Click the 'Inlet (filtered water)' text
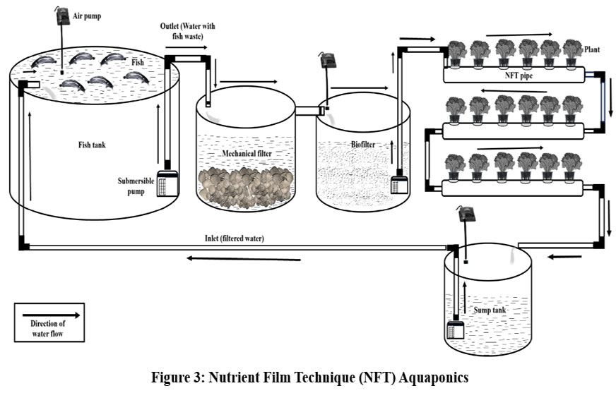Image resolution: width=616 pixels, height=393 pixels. click(x=230, y=238)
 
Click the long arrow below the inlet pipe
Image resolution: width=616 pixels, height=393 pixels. click(x=243, y=258)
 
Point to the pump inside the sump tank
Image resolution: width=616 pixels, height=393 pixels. click(x=454, y=329)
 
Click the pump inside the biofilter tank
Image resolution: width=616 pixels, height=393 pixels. click(x=400, y=186)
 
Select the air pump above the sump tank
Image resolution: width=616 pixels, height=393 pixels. click(x=466, y=213)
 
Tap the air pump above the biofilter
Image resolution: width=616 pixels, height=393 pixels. click(x=327, y=61)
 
